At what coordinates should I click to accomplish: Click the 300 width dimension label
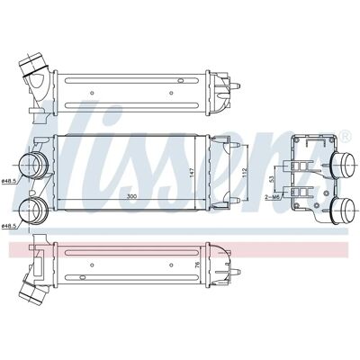pos(131,196)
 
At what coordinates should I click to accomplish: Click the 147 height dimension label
pos(193,173)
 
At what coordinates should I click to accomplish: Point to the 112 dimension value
pos(244,173)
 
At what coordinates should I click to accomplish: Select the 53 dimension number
pos(272,179)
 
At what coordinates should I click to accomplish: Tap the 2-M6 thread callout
pos(271,197)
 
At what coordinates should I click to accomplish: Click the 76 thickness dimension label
pos(197,265)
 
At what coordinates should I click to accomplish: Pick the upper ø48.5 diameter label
pos(8,181)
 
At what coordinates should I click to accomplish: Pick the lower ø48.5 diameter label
pos(8,226)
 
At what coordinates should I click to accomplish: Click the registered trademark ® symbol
pos(346,136)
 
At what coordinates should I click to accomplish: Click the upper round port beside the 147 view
pos(33,166)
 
